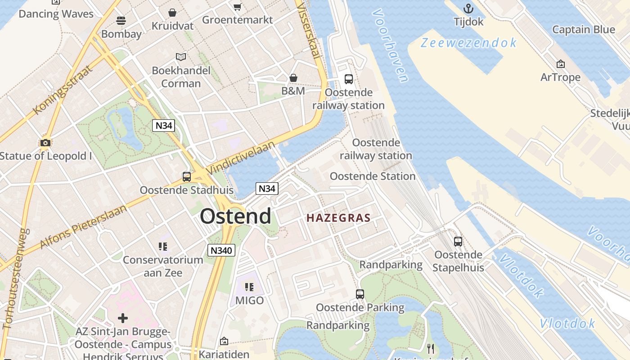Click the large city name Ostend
[235, 216]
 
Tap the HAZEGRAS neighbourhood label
[338, 218]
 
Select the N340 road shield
[221, 250]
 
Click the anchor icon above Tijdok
[468, 9]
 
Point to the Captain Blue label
[583, 30]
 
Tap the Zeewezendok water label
[468, 43]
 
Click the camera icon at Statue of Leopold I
[45, 143]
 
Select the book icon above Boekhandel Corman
[181, 57]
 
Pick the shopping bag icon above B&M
[293, 78]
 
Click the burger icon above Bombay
[121, 20]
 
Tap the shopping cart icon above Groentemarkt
[237, 7]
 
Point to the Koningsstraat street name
[63, 90]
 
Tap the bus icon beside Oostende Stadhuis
[186, 177]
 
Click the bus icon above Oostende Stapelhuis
[458, 242]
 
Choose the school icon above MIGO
[249, 287]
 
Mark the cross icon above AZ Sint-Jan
[122, 319]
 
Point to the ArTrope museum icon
[560, 64]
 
